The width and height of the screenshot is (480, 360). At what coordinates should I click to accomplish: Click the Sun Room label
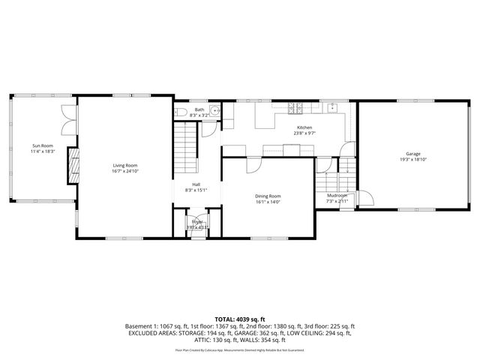42,145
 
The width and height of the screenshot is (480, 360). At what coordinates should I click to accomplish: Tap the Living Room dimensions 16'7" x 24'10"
125,171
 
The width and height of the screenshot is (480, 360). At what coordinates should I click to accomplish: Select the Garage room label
413,153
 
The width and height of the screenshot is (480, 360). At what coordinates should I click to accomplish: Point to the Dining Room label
268,196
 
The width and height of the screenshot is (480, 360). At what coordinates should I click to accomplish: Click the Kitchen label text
304,127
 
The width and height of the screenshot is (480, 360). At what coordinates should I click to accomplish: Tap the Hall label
196,184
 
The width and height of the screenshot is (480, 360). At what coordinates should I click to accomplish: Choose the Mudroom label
337,196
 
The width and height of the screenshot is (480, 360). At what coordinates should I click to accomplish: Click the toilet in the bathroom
180,113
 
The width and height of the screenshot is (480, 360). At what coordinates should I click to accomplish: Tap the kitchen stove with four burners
298,108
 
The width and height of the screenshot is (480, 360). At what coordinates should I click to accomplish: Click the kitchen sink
331,108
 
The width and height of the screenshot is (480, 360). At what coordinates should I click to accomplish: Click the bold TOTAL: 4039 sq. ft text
239,319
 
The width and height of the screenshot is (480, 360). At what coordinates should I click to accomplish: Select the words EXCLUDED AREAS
151,334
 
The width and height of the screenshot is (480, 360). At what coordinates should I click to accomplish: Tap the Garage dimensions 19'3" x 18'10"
413,159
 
